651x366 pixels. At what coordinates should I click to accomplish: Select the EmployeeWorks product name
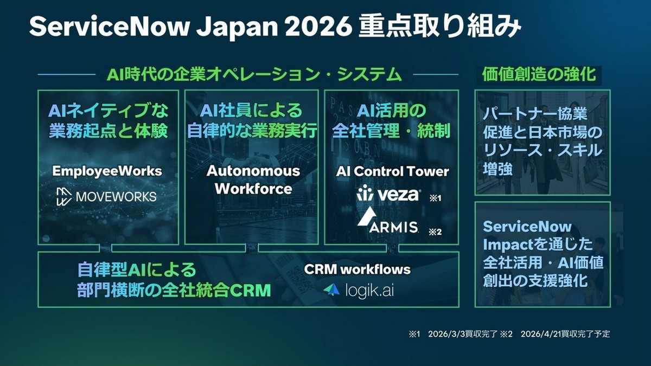click(x=107, y=171)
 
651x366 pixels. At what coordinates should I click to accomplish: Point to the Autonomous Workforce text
click(x=253, y=180)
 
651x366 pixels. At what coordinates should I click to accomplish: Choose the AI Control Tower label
click(x=392, y=171)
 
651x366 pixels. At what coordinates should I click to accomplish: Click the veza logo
click(x=388, y=194)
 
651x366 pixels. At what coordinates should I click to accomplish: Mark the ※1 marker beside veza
click(x=435, y=198)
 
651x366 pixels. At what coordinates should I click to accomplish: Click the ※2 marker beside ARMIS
click(x=435, y=232)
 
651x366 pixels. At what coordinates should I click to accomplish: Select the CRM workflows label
click(x=357, y=269)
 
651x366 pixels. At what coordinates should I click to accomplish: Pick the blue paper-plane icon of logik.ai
click(x=331, y=290)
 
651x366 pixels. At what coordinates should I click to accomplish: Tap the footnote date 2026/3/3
click(x=444, y=334)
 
